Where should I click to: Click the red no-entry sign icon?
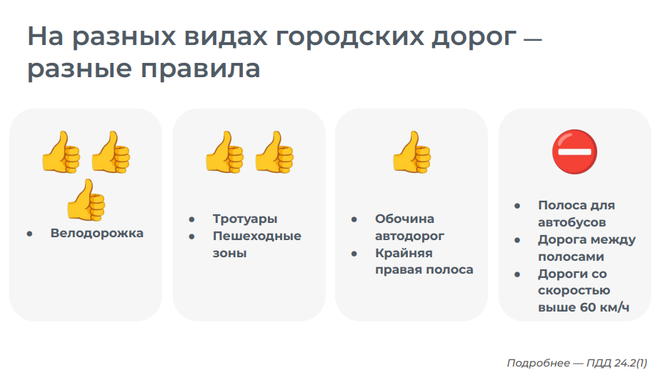574,151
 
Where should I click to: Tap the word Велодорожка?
96,233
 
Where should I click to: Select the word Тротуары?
245,219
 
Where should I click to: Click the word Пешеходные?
257,236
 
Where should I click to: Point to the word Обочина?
404,219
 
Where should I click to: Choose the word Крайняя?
404,253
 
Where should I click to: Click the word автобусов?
572,222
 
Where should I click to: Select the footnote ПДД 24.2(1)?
617,363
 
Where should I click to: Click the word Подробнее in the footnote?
538,363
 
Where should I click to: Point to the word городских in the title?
349,36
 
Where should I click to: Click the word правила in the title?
200,69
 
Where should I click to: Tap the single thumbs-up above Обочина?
412,151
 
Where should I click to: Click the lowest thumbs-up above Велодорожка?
86,200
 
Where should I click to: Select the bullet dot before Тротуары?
191,219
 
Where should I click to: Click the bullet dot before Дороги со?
517,274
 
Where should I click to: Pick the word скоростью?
574,290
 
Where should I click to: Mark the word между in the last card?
612,240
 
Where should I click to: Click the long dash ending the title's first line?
532,39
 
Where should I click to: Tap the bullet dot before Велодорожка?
29,234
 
